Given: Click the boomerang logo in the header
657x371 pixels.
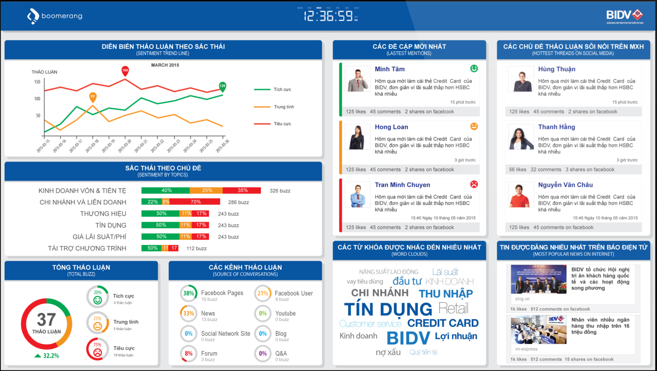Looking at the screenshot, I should click(x=54, y=16).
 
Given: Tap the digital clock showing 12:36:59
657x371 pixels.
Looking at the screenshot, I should click(x=328, y=16).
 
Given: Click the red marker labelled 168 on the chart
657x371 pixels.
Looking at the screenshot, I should click(x=125, y=71).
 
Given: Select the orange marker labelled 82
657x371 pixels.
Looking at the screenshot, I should click(x=93, y=97).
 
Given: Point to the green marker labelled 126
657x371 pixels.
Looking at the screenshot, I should click(x=223, y=86).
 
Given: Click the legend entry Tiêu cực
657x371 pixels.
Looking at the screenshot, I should click(x=282, y=124).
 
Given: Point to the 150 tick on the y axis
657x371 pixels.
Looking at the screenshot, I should click(x=37, y=82).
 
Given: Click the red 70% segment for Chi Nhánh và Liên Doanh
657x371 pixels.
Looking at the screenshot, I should click(x=195, y=202).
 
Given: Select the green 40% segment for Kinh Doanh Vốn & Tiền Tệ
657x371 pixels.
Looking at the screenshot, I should click(x=165, y=190).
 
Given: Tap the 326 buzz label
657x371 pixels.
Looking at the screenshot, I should click(x=280, y=191).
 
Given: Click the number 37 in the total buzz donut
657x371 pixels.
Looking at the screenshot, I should click(x=47, y=320).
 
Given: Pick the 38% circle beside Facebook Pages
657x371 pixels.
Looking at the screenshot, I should click(x=189, y=293).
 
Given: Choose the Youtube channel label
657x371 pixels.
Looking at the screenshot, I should click(x=285, y=313).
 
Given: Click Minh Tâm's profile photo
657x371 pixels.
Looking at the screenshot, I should click(x=357, y=79).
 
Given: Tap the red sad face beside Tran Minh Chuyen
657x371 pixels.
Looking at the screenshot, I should click(x=474, y=185).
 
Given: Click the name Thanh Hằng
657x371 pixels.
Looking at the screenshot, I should click(x=556, y=127).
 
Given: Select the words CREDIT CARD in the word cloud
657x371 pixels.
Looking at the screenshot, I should click(x=443, y=323).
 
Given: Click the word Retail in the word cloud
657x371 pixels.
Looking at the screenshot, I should click(x=453, y=308).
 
